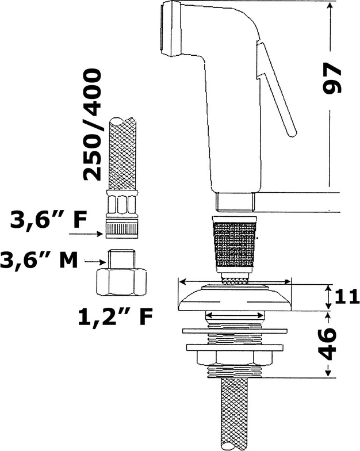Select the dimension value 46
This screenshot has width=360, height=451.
pyautogui.click(x=328, y=344)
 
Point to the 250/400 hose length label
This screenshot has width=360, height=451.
pyautogui.click(x=92, y=124)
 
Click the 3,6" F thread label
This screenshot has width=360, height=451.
pyautogui.click(x=48, y=220)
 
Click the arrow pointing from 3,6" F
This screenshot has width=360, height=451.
pyautogui.click(x=86, y=234)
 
